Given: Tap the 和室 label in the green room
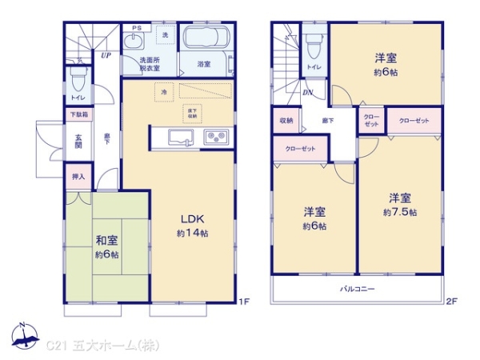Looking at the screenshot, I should (x=106, y=240).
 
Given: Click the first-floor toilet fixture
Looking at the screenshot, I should (x=78, y=79).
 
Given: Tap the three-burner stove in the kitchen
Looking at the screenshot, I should (x=216, y=137).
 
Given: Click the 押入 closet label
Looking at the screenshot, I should (x=78, y=175).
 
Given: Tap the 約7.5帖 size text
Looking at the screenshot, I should (x=400, y=213).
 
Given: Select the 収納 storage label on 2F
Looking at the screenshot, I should (x=286, y=121).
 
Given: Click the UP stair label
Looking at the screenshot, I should (x=106, y=55).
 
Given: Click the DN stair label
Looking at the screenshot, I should (x=308, y=93).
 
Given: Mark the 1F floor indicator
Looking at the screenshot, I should (x=246, y=302).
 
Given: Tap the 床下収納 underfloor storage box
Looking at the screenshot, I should (x=192, y=113).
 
